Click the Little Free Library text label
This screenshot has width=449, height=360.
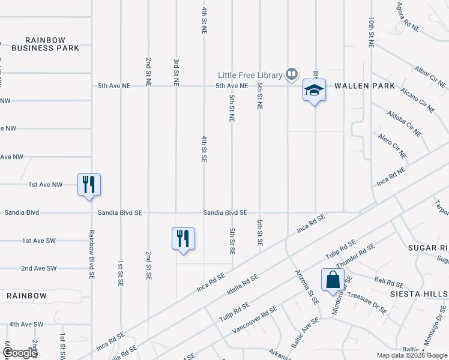(250, 75)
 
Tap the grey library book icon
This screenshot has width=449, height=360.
(292, 74)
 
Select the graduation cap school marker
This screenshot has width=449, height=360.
(313, 91)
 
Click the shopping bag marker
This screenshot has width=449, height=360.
(332, 280)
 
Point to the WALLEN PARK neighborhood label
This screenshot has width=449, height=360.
(365, 86)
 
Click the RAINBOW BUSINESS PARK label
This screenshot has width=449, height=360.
(46, 44)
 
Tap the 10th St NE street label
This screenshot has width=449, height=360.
(372, 32)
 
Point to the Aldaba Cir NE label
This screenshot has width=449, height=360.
(404, 123)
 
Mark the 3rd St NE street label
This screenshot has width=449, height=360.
(176, 72)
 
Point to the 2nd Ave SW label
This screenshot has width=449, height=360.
(39, 268)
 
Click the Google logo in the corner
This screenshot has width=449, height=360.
(19, 353)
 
